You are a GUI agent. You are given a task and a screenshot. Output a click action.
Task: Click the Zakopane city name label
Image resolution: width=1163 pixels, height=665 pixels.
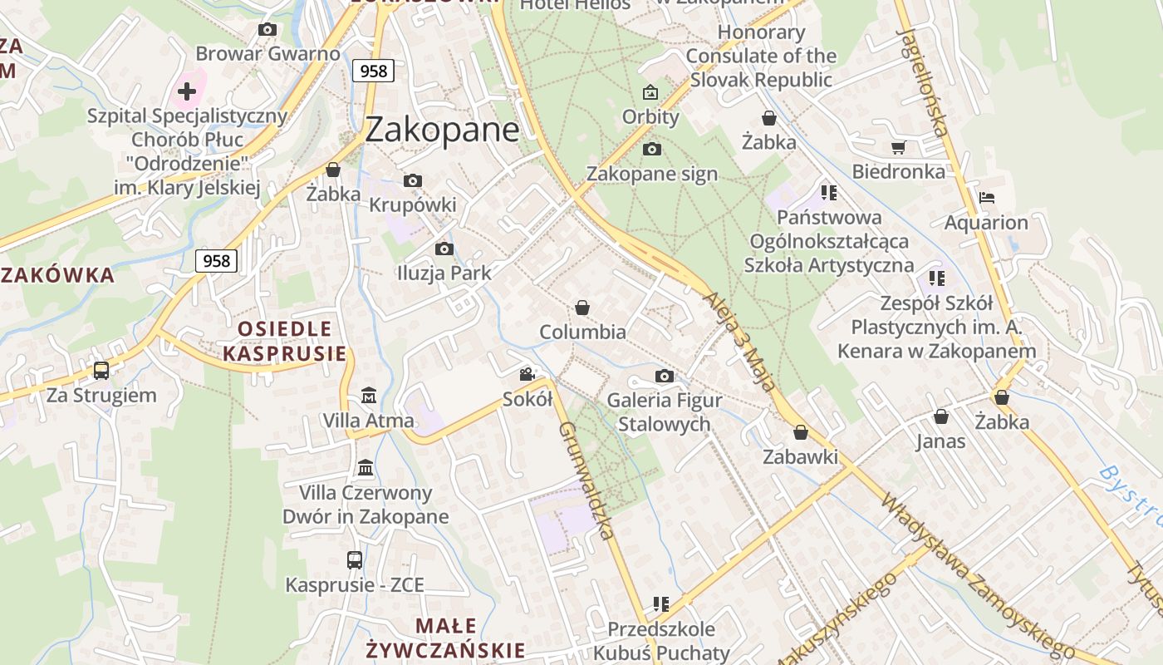[x=442, y=130]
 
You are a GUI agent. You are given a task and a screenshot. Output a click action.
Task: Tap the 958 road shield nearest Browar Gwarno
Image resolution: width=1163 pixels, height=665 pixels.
[x=373, y=71]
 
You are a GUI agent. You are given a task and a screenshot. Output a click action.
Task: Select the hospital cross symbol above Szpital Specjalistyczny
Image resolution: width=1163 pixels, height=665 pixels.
[x=187, y=91]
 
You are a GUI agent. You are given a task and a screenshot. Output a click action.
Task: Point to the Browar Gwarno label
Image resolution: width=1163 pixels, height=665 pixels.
[x=267, y=54]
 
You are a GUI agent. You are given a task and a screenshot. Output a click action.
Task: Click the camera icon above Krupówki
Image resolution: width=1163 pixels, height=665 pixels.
[x=413, y=180]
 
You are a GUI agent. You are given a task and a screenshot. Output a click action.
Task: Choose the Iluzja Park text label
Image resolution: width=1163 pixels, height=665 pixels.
[x=444, y=273]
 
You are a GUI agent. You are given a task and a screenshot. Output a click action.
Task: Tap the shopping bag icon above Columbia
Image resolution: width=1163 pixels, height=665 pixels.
[x=582, y=308]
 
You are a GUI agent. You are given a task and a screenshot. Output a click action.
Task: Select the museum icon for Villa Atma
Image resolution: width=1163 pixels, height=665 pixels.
[x=368, y=396]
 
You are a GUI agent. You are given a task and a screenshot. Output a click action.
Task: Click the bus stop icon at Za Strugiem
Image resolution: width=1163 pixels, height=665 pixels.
[x=101, y=370]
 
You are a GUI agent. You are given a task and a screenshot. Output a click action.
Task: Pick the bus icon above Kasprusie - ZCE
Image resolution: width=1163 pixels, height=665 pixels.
[x=355, y=560]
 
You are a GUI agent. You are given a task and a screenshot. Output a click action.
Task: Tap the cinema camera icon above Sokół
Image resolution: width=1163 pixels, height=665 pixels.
[x=527, y=375]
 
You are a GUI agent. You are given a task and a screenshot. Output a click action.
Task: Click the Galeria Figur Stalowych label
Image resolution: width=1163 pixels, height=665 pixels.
[x=664, y=411]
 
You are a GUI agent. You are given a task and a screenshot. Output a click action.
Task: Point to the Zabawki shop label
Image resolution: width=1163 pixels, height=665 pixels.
[x=800, y=456]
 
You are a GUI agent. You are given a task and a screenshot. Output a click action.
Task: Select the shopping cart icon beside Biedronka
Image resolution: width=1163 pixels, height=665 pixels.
[x=898, y=148]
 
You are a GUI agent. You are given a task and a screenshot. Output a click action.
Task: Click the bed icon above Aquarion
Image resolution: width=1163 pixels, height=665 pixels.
[x=986, y=198]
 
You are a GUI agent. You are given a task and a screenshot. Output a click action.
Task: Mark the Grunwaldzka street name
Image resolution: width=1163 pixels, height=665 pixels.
[x=588, y=480]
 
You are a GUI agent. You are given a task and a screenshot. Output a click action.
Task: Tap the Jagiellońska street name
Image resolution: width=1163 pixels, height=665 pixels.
[x=922, y=81]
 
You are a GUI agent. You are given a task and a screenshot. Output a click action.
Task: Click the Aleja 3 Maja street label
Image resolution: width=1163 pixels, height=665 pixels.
[x=739, y=341]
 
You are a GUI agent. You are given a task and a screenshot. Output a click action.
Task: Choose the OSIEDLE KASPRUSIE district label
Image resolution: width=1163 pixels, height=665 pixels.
[x=284, y=341]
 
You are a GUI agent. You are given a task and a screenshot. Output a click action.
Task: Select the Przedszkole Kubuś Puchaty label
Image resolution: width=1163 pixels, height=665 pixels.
[x=661, y=641]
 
